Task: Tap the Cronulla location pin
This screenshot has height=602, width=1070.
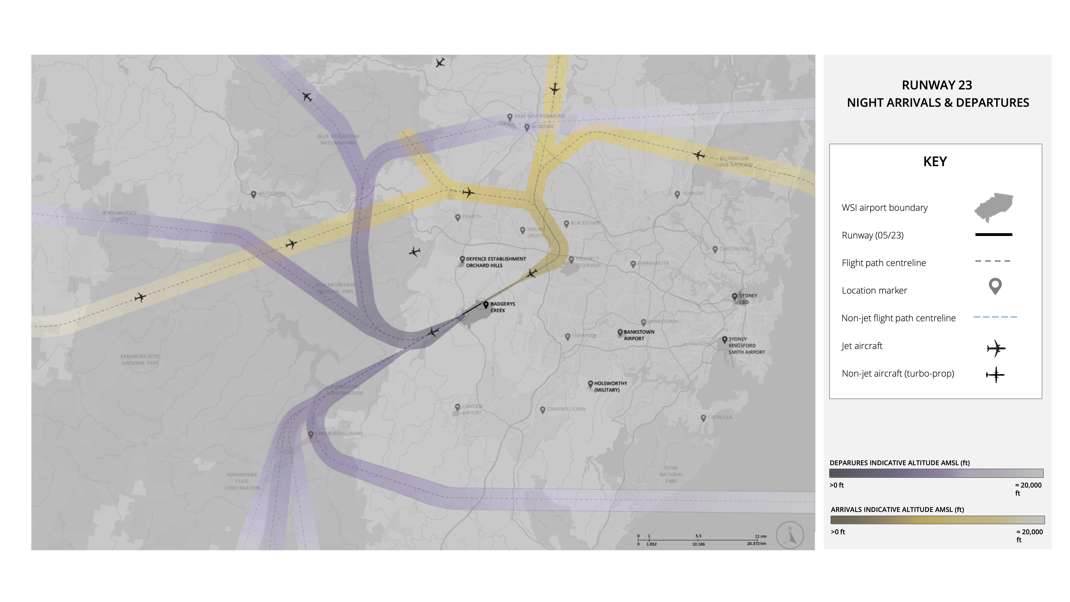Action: (x=703, y=418)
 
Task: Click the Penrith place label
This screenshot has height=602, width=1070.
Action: (x=472, y=216)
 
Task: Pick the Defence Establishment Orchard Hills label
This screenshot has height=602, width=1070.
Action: (x=496, y=262)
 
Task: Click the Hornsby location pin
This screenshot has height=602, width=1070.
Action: (x=677, y=194)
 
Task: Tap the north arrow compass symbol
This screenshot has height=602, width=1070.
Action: (x=790, y=535)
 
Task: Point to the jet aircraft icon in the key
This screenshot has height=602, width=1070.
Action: (x=996, y=348)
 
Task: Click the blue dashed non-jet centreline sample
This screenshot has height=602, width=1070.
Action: (x=995, y=317)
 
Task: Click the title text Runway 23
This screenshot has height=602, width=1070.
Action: (x=937, y=85)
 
